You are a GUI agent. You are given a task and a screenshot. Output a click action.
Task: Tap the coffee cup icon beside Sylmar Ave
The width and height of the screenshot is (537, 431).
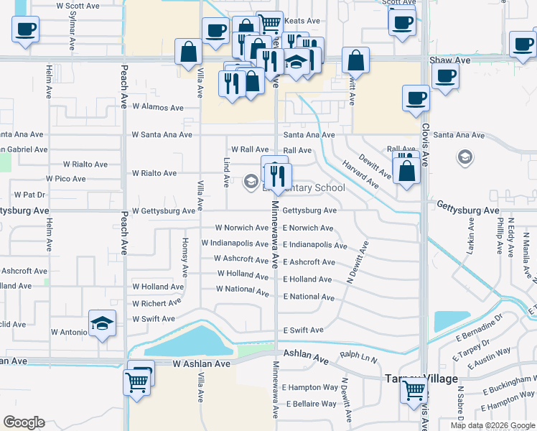25,29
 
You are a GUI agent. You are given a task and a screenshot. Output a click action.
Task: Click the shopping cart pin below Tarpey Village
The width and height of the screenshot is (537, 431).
414,391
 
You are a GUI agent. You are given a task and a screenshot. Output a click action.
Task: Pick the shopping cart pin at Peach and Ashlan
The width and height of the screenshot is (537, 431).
136,381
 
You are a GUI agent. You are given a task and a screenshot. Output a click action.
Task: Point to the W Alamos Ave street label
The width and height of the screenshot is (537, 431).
158,108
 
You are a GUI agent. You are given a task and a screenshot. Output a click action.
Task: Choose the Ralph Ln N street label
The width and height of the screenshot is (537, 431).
359,355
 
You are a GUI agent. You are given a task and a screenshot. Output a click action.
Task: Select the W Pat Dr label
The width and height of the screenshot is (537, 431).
29,195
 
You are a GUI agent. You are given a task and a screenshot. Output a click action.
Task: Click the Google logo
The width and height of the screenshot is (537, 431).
24,422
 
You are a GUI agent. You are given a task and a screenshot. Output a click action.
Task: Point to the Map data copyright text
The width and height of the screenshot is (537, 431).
492,425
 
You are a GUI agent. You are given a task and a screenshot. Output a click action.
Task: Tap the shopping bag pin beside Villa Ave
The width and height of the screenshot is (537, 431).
188,52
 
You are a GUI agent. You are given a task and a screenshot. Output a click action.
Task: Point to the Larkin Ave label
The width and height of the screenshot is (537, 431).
472,241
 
